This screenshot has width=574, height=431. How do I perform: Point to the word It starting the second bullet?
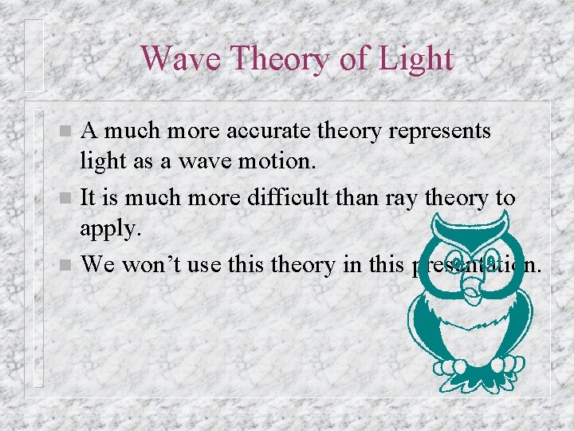coord(89,197)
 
